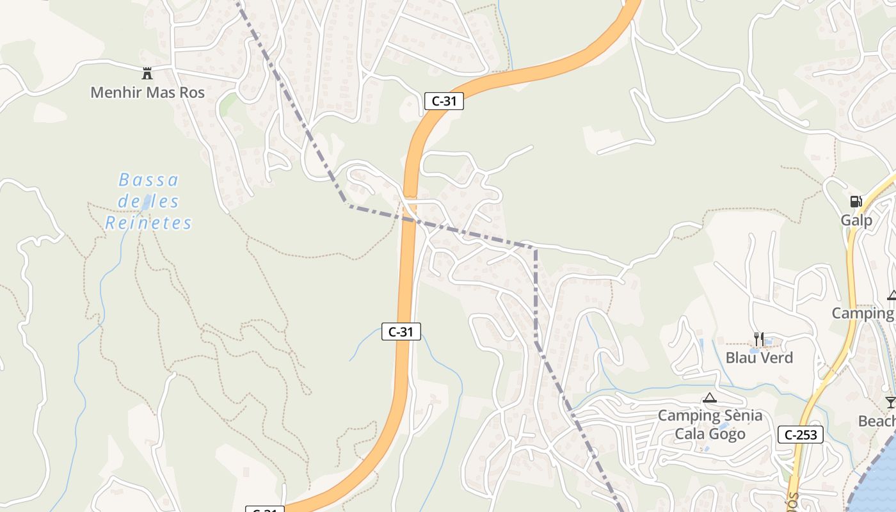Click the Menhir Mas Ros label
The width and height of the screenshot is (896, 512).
pos(147,92)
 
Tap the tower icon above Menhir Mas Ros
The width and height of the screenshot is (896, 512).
pos(147,73)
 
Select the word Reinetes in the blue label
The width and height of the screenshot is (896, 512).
pos(148,223)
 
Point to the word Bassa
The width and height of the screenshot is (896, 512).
pos(148,180)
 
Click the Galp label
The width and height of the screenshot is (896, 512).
pos(856,221)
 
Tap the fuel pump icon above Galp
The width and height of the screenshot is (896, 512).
pos(856,202)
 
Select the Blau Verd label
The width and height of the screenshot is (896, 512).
pos(759,357)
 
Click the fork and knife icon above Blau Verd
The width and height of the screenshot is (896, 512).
pos(759,339)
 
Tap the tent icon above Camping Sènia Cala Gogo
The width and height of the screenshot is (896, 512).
pos(709,398)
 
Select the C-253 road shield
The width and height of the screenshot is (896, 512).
pos(801,435)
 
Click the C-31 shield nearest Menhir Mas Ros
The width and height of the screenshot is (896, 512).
pos(444,100)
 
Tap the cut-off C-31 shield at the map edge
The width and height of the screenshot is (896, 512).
pos(264,509)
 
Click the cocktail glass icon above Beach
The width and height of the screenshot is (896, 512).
pos(890,403)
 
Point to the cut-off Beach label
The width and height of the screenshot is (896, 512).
pos(877,421)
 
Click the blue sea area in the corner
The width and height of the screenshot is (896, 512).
pos(880,486)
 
